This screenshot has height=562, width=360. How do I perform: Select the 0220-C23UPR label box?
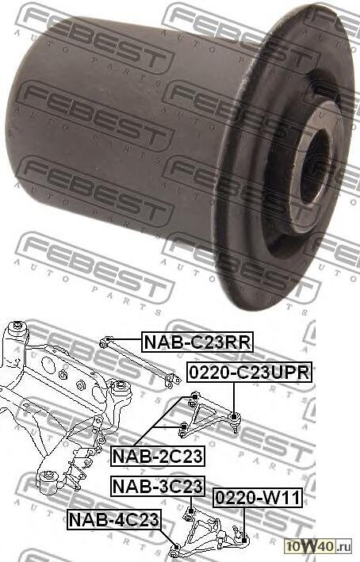click(x=249, y=372)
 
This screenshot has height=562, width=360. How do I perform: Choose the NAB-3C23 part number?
click(x=157, y=485)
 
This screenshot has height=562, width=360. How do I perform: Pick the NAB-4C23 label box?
click(x=114, y=520)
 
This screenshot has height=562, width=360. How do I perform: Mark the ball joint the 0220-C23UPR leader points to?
click(x=235, y=415)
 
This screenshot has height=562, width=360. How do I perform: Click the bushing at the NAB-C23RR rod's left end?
click(x=105, y=342)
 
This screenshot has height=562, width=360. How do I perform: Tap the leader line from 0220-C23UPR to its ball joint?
click(x=235, y=396)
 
